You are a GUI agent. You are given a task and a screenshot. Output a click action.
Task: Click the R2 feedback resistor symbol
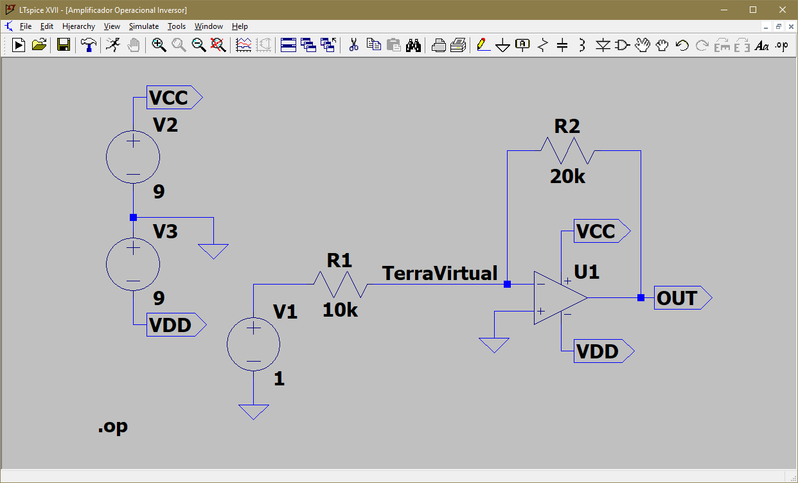(x=568, y=151)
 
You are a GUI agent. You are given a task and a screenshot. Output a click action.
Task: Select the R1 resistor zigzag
(x=341, y=285)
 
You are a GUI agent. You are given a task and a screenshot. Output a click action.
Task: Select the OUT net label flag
(x=683, y=298)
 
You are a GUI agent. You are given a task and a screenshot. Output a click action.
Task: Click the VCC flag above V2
(x=175, y=97)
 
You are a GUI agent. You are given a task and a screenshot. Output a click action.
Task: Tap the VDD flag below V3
(x=176, y=325)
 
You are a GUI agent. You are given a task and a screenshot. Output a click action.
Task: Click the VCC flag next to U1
(x=602, y=231)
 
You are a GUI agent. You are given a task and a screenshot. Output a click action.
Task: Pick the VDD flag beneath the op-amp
(x=604, y=351)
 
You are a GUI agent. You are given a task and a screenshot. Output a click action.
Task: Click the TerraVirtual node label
(x=439, y=273)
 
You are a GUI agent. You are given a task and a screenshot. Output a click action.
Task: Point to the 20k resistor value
(x=567, y=177)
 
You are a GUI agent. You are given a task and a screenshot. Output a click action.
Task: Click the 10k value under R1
(x=340, y=310)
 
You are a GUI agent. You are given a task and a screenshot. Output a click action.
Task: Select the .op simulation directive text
(x=113, y=426)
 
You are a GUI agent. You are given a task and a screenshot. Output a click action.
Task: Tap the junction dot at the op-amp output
(x=641, y=298)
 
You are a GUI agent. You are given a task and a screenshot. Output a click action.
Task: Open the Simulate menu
(x=143, y=26)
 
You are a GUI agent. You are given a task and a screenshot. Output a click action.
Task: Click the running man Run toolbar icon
(x=113, y=45)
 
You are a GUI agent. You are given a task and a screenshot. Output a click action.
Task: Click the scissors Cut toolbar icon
(x=353, y=45)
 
